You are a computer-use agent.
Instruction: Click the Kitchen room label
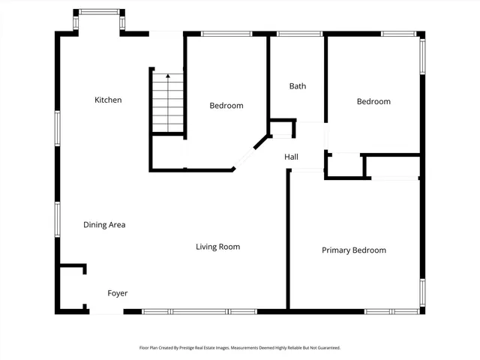coord(108,100)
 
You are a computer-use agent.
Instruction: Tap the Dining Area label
coord(104,224)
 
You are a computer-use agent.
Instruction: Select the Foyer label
coord(118,293)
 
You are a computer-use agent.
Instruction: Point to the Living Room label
coord(217,247)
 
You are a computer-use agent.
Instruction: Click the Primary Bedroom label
coord(354,250)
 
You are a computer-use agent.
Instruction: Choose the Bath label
coord(298,86)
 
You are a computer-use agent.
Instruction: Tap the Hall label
coord(291,157)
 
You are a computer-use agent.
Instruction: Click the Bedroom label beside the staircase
coord(226,106)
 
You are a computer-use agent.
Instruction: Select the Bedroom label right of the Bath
coord(373,101)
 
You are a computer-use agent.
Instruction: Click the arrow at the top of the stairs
coord(168,76)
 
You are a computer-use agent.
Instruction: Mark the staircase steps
coord(168,103)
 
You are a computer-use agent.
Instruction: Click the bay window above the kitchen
coord(99,12)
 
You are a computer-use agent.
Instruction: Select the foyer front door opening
coord(106,311)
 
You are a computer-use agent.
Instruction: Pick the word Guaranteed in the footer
coord(325,348)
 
